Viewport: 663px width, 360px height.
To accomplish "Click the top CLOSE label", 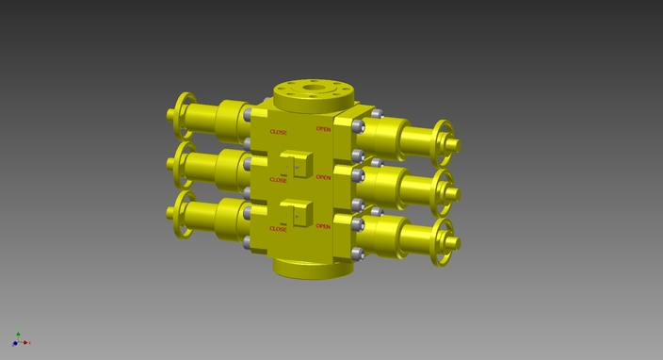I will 279,132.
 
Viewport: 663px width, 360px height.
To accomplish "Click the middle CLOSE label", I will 279,179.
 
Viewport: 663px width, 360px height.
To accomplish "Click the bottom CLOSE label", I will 279,229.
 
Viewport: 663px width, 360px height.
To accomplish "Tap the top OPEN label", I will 323,129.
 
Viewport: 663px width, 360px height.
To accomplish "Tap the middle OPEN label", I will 323,177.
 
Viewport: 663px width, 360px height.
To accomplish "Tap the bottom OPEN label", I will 323,226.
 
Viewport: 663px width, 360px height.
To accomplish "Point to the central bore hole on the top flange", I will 312,92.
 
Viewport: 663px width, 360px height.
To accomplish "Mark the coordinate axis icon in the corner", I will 19,339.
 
